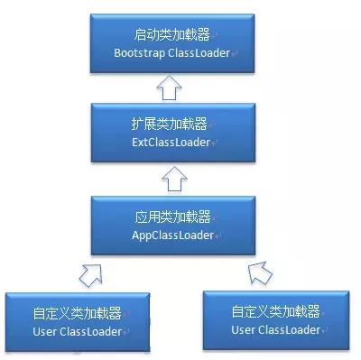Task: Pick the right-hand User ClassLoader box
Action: point(275,320)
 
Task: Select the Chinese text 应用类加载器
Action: point(171,217)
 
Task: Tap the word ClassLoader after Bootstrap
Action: point(197,51)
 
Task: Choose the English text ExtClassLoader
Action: point(171,143)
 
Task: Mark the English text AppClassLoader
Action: point(171,235)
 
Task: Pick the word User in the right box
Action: point(243,329)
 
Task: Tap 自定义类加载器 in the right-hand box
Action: point(275,311)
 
